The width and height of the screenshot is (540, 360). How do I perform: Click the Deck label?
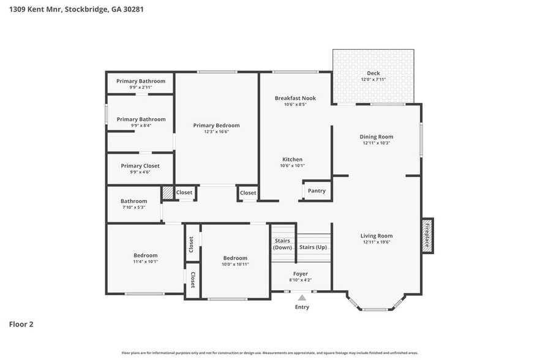[x=373, y=73]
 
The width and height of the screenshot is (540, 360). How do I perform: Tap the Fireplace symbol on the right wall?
[x=427, y=236]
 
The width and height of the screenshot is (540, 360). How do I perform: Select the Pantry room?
[x=317, y=191]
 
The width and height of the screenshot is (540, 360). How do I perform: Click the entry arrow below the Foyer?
[x=302, y=298]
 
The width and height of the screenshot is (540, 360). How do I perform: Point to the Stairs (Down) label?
[x=282, y=244]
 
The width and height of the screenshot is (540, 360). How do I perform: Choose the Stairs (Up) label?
[x=313, y=247]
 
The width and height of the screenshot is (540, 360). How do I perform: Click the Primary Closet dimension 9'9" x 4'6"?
[x=140, y=172]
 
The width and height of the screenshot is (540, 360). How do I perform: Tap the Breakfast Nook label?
[x=295, y=98]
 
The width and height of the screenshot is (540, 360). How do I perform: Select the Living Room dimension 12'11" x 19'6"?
[x=377, y=242]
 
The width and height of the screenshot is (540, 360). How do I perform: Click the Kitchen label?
[x=292, y=159]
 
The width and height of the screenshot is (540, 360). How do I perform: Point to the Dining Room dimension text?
[x=377, y=143]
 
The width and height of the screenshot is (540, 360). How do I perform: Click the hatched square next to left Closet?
[x=167, y=192]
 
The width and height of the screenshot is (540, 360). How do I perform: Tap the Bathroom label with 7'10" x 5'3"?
[x=133, y=201]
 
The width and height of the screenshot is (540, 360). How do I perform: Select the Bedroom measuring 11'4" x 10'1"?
[x=146, y=255]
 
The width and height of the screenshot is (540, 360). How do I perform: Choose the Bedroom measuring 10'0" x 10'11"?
[x=235, y=258]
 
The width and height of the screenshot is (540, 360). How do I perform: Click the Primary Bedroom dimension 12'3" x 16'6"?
[x=216, y=131]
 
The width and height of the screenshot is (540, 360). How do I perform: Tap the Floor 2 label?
[x=21, y=324]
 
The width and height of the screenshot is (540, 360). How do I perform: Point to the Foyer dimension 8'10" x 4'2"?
[x=300, y=280]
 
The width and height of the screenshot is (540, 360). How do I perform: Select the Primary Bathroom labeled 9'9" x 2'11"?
[x=140, y=81]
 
